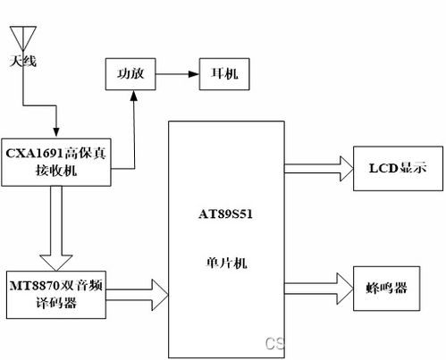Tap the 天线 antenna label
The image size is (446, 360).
[23, 61]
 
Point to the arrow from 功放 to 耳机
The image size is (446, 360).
[177, 74]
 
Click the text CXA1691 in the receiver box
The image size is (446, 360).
[35, 154]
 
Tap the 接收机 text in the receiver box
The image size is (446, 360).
[56, 171]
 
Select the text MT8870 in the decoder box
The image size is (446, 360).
[35, 286]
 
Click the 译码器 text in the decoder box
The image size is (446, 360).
[56, 303]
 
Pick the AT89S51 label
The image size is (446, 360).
[225, 214]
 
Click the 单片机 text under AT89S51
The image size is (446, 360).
[226, 263]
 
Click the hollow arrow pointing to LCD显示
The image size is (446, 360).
[319, 169]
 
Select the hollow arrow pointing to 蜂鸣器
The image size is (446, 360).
[319, 289]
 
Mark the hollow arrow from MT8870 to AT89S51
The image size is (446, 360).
[137, 295]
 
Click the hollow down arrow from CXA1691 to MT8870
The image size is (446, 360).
[56, 229]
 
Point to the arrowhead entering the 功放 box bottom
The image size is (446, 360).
[134, 96]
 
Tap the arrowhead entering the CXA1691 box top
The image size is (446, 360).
[56, 132]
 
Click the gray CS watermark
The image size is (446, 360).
[274, 343]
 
